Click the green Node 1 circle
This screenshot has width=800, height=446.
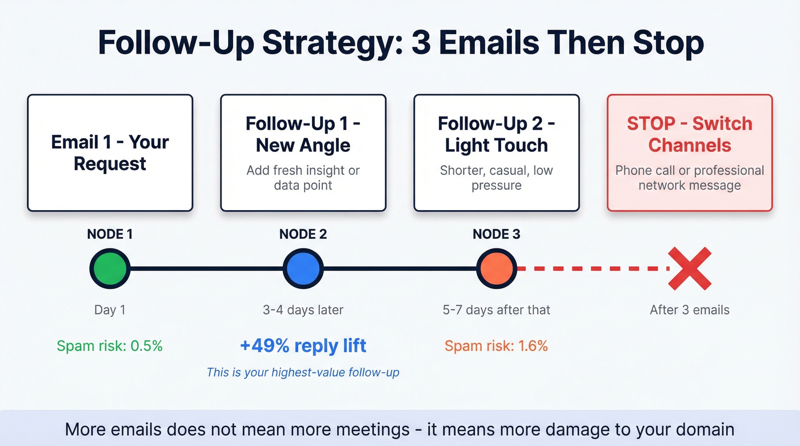(110, 268)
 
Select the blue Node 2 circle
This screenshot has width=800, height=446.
(303, 268)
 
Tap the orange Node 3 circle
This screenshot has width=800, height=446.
(497, 268)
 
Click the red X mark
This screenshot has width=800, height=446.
(690, 268)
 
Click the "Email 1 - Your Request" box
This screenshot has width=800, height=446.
(110, 153)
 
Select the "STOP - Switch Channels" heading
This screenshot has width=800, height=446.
(690, 134)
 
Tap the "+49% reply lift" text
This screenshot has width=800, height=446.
(303, 345)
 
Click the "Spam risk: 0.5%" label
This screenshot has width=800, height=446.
(110, 345)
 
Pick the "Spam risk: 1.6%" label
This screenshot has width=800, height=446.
(496, 345)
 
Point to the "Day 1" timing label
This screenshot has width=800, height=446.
(110, 310)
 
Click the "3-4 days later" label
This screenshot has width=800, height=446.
(303, 310)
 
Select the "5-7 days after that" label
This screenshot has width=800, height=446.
(496, 310)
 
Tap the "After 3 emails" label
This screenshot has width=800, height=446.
(690, 310)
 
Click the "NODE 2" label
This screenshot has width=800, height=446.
(303, 234)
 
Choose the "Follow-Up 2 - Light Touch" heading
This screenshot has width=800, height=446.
(496, 134)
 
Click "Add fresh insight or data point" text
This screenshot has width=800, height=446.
(303, 178)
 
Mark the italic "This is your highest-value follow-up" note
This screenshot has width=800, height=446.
(303, 372)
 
